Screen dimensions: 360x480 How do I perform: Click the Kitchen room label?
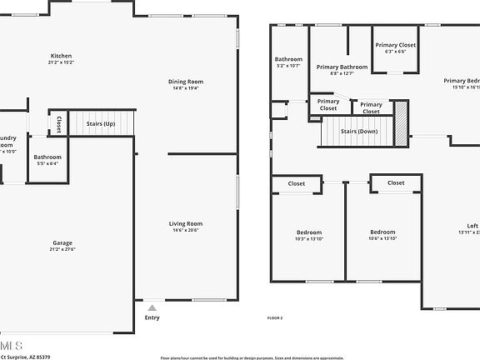[61, 56]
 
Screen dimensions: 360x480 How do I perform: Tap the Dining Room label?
[186, 82]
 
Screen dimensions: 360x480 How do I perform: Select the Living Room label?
[186, 223]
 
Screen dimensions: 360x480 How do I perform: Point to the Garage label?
[61, 243]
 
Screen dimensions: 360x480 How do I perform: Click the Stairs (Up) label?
[101, 124]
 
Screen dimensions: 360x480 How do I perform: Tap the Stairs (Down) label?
[360, 132]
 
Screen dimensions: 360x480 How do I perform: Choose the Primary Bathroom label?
[342, 67]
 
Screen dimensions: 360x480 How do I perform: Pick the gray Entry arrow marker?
[152, 307]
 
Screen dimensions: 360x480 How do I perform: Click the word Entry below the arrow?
[152, 317]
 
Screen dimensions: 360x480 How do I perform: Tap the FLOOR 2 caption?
[275, 318]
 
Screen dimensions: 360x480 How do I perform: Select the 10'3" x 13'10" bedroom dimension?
[309, 239]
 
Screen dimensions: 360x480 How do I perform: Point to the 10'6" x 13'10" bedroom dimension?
[382, 239]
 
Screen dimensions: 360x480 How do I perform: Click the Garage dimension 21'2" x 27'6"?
[61, 250]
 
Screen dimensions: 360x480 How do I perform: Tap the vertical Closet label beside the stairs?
[58, 123]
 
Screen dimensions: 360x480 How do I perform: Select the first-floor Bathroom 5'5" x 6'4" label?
[47, 157]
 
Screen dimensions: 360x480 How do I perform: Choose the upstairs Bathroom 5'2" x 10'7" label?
[288, 59]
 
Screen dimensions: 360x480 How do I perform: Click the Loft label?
[472, 226]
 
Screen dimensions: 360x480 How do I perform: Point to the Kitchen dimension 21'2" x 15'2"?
[61, 62]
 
